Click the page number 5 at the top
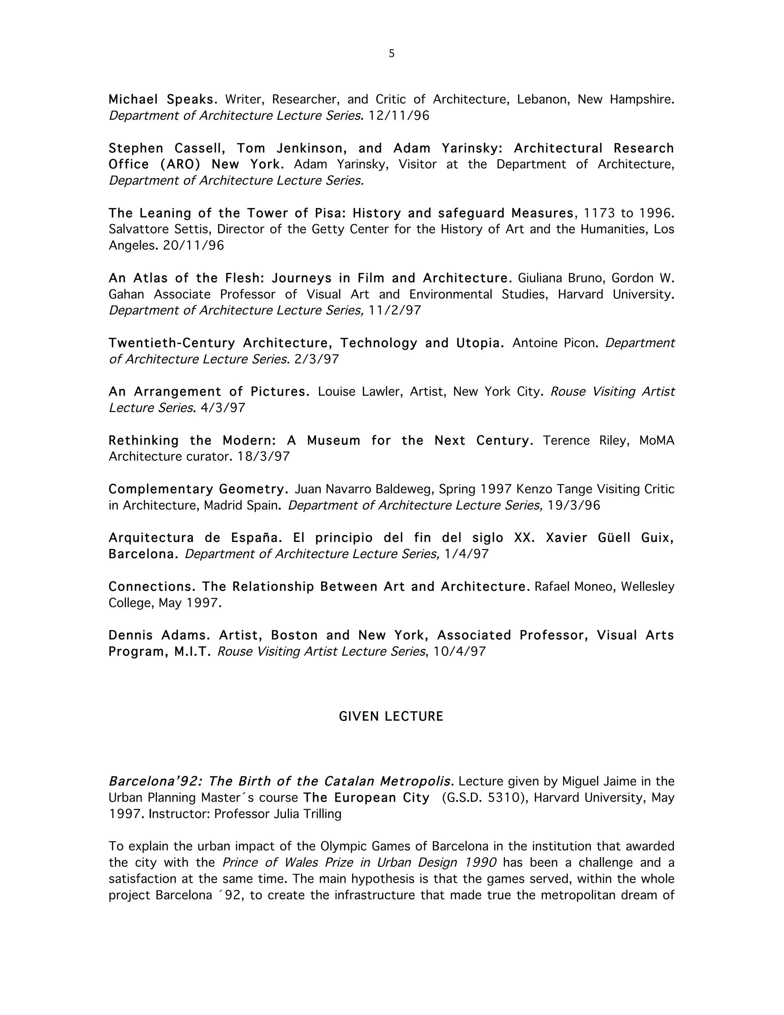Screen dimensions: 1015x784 coord(392,54)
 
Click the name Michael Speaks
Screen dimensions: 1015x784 coord(163,100)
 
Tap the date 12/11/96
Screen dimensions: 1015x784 coord(399,116)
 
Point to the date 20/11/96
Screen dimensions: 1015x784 coord(193,246)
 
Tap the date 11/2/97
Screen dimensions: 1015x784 coord(395,311)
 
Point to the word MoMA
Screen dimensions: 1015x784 coord(656,440)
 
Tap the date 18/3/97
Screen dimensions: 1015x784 coord(263,457)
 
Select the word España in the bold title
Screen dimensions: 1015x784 coord(256,538)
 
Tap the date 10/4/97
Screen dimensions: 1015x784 coord(459,652)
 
